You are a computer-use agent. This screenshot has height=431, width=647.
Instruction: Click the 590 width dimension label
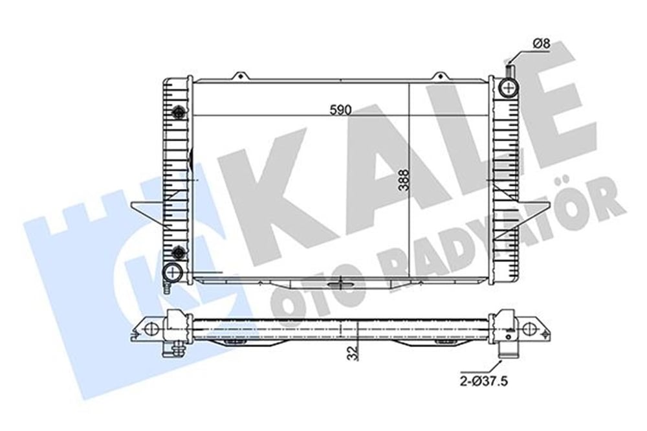click(x=340, y=110)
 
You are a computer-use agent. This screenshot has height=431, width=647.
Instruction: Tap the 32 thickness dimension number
click(x=353, y=353)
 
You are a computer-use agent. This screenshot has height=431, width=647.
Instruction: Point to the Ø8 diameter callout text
click(x=542, y=43)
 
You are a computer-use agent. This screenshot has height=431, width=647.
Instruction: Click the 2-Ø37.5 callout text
click(x=483, y=381)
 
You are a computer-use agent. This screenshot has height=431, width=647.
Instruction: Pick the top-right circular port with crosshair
click(x=508, y=87)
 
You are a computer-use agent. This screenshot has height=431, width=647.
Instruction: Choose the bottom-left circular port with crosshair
click(x=172, y=272)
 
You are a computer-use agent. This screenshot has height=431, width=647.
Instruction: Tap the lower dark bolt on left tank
click(x=179, y=250)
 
